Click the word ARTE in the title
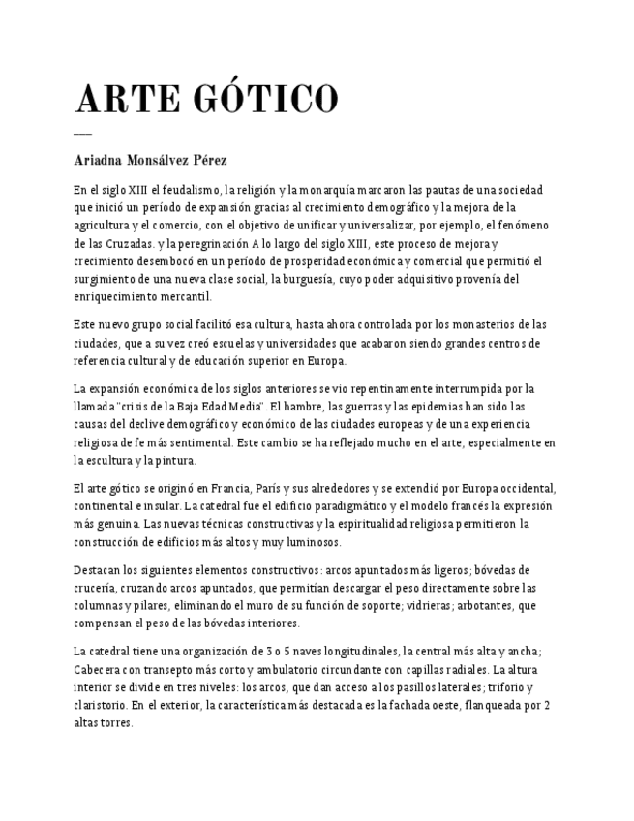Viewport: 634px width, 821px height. tap(125, 99)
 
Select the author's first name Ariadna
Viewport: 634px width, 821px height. tap(102, 159)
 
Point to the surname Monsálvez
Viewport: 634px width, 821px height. tap(162, 159)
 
